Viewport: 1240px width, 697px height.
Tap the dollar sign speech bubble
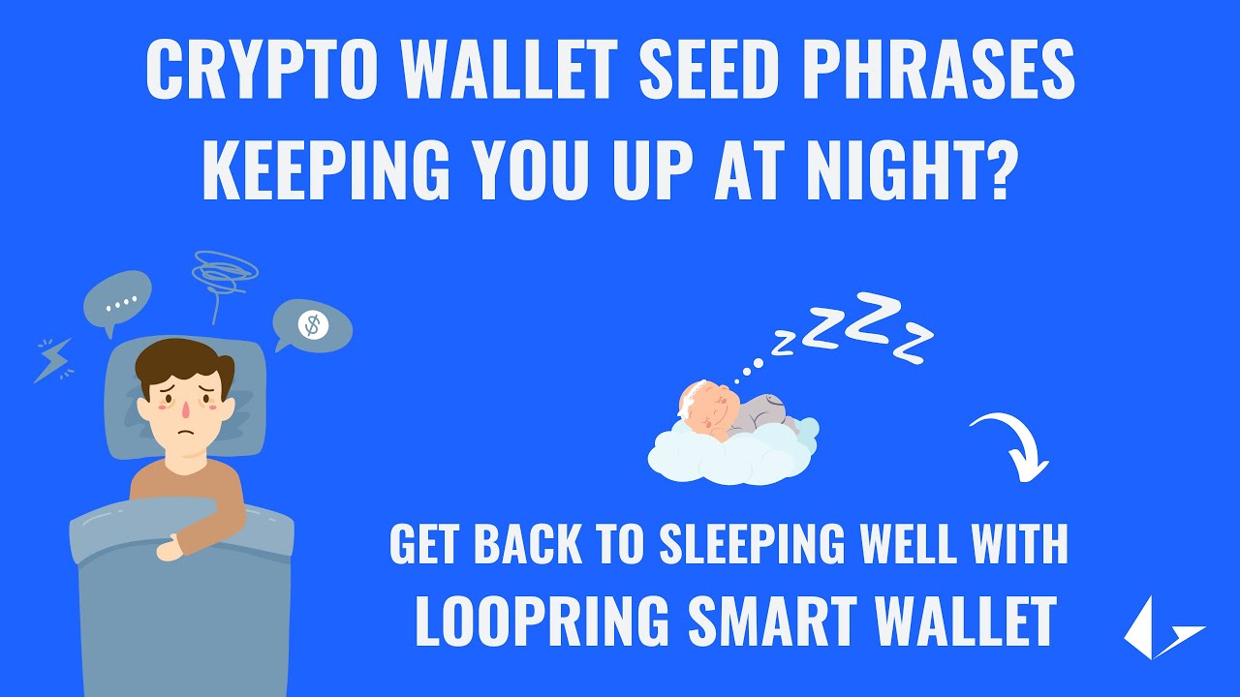[x=312, y=325]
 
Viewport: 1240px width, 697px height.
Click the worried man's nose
[x=184, y=411]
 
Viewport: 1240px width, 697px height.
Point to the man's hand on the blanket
[x=171, y=549]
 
